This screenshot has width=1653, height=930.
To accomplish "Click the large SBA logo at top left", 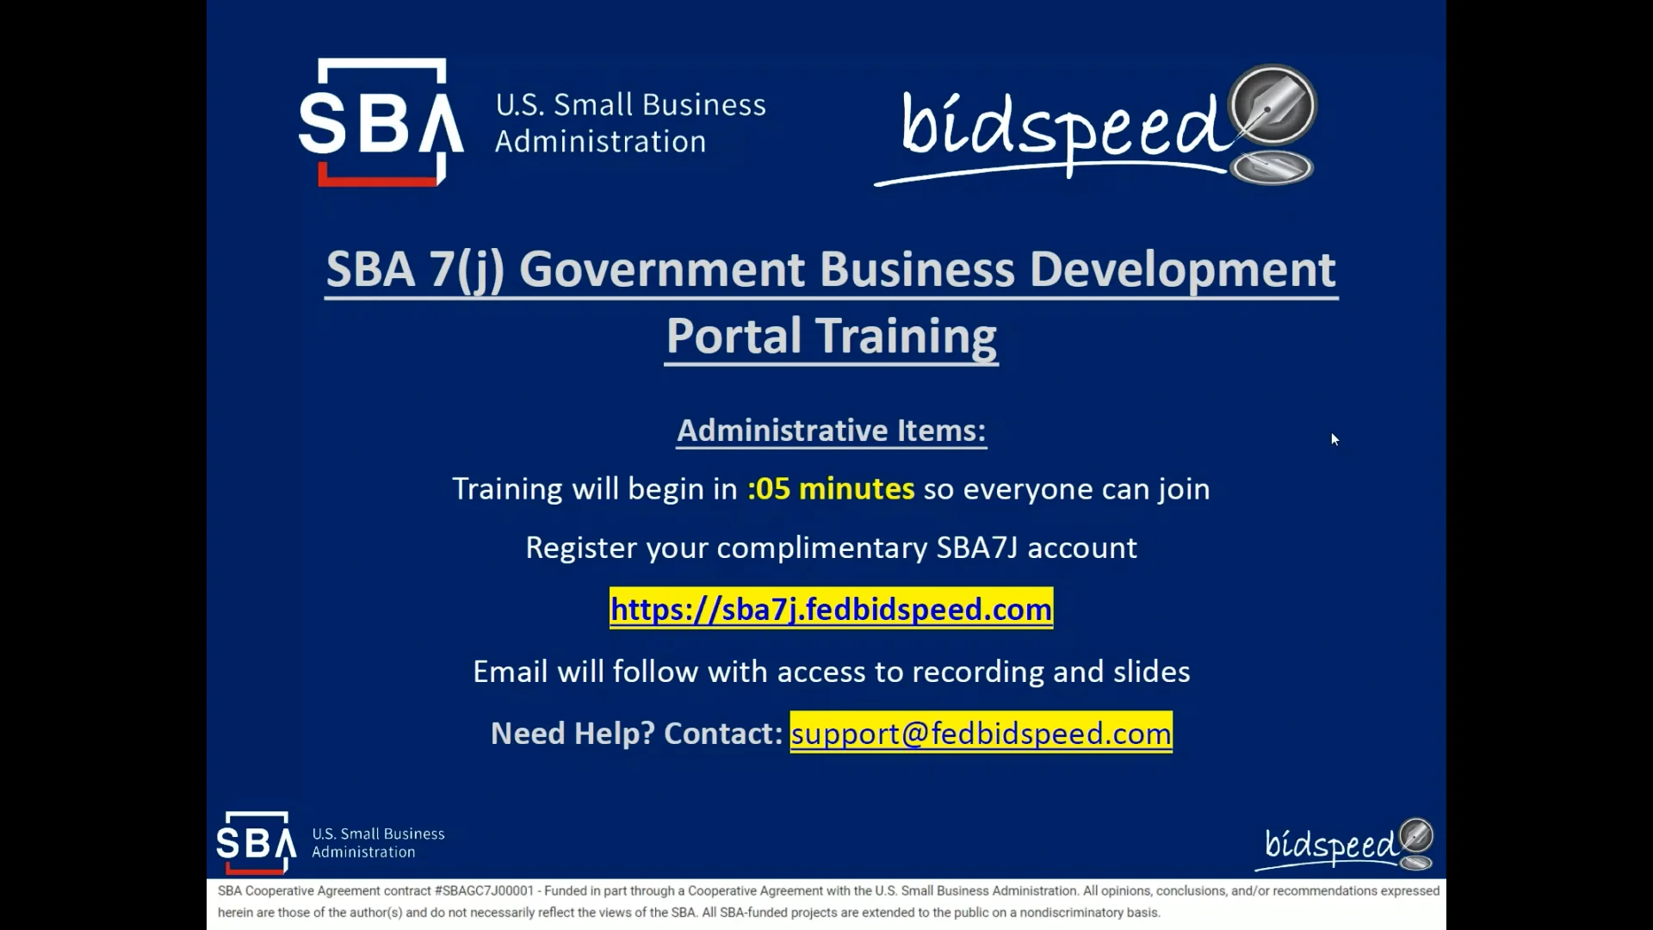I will tap(381, 122).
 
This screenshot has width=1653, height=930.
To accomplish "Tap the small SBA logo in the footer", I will tap(257, 842).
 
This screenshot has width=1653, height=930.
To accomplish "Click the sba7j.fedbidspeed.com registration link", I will tap(831, 609).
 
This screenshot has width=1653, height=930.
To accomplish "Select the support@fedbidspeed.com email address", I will tap(981, 733).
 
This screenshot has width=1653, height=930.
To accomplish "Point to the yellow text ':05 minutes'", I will tap(831, 488).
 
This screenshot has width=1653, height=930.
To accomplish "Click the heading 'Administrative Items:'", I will tap(831, 430).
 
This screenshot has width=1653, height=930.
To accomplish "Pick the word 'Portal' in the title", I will tap(734, 335).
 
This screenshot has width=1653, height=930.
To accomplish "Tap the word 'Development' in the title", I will tap(1182, 270).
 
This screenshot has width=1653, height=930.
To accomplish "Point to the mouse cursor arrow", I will tap(1334, 439).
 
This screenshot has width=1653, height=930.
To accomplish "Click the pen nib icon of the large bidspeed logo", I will tap(1272, 107).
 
